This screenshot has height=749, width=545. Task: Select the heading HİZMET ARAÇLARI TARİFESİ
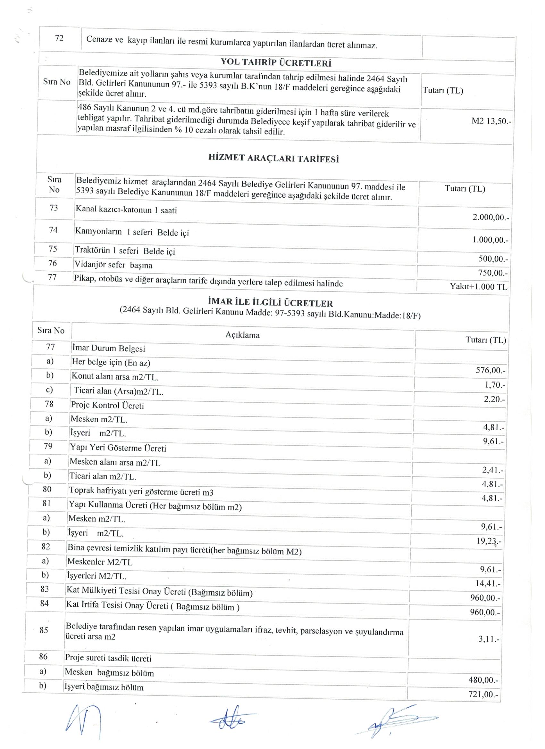[x=274, y=159]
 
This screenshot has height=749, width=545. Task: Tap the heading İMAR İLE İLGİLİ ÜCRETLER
[x=270, y=303]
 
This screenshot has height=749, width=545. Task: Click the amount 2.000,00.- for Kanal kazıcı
[x=491, y=218]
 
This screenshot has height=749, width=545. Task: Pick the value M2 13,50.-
[x=491, y=121]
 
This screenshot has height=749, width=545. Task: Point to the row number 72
[x=59, y=38]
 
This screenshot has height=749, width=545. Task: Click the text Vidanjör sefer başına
[x=114, y=265]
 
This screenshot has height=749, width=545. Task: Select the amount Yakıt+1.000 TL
[x=478, y=286]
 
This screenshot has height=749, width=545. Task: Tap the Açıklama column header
[x=242, y=335]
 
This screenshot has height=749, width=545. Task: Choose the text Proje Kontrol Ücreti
[x=107, y=405]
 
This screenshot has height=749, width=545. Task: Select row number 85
[x=44, y=630]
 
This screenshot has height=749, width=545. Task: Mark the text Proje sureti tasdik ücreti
[x=108, y=658]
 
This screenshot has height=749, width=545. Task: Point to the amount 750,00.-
[x=492, y=273]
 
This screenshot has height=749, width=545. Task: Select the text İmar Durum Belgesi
[x=108, y=349]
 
